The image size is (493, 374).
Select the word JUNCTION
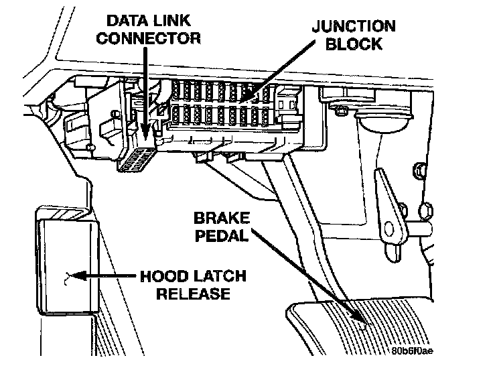[x=354, y=27]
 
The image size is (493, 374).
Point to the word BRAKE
[x=221, y=219]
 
